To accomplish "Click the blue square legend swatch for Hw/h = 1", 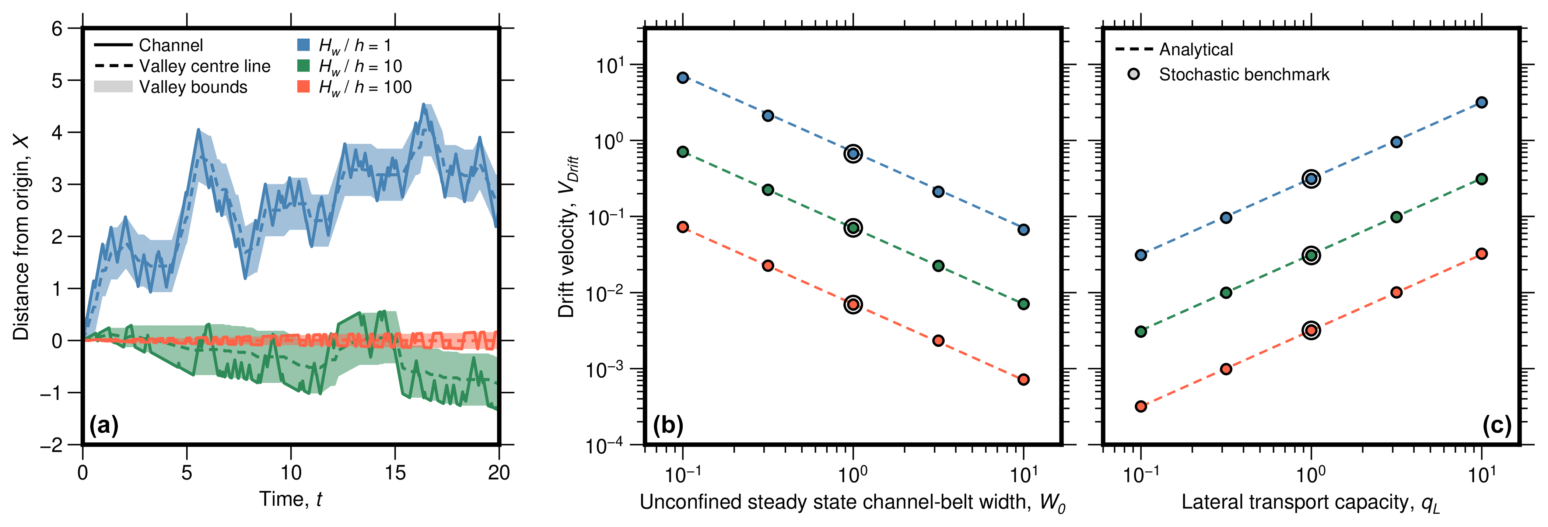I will (x=304, y=45).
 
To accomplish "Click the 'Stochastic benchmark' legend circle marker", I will (x=1133, y=74).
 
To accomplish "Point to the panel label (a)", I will (x=104, y=425).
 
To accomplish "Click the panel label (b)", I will (x=668, y=425).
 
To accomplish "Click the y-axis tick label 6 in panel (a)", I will (x=57, y=29).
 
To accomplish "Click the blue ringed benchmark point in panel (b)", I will (x=853, y=154).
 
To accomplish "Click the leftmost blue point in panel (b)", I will (x=683, y=77).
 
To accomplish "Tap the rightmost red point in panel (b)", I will (x=1023, y=379).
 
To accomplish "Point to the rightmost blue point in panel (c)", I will (x=1481, y=102).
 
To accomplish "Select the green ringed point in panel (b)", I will (x=853, y=228).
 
